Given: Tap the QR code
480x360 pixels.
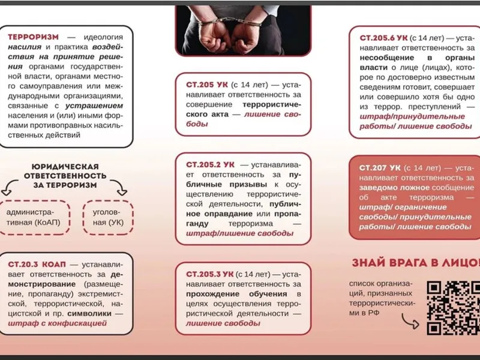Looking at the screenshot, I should (x=453, y=308).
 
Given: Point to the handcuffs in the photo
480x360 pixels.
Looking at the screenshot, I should (x=231, y=27).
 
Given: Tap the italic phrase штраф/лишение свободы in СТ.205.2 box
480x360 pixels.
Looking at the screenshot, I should (x=226, y=233).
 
